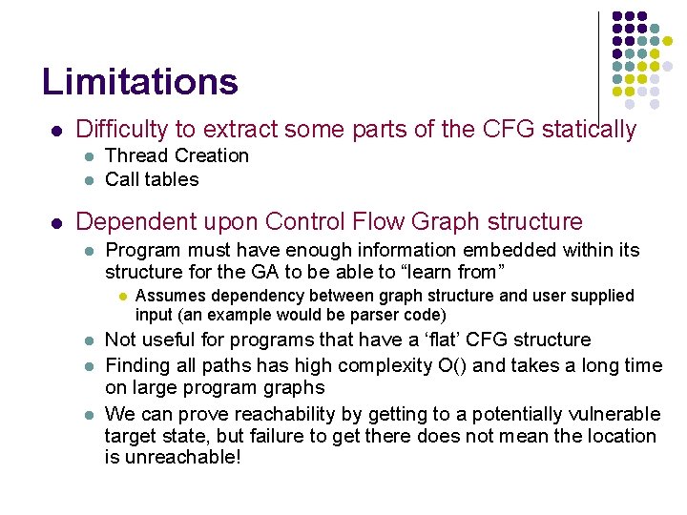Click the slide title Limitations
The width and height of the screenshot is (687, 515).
[139, 82]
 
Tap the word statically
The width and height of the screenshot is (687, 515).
[585, 130]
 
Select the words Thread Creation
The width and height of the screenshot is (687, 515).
[177, 155]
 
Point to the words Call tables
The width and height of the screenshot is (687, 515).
[152, 179]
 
